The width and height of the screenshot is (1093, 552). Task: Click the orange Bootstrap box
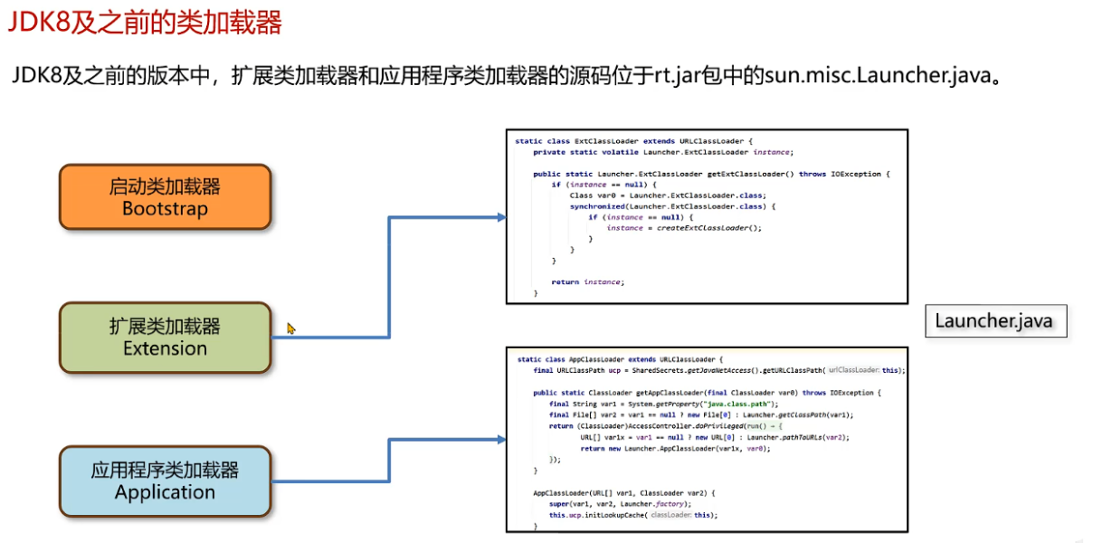[x=165, y=197]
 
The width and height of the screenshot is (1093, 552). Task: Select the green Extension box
[x=165, y=338]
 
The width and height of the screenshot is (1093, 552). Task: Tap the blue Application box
[x=165, y=481]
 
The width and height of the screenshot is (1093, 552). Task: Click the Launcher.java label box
[x=993, y=321]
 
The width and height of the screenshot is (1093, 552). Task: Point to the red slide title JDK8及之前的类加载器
[x=145, y=23]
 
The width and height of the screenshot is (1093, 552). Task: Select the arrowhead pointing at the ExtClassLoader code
[x=499, y=217]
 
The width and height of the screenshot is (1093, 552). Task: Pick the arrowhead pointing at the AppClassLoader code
[x=499, y=439]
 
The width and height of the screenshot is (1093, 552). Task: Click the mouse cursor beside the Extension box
[x=291, y=328]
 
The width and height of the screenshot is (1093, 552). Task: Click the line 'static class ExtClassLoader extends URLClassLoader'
[x=633, y=141]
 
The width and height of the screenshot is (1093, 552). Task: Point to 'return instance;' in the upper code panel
[x=587, y=282]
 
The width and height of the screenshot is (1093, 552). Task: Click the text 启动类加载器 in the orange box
[x=165, y=187]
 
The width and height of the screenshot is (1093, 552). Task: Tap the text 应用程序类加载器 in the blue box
[x=165, y=471]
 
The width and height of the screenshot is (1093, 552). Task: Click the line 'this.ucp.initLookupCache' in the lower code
[x=633, y=515]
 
